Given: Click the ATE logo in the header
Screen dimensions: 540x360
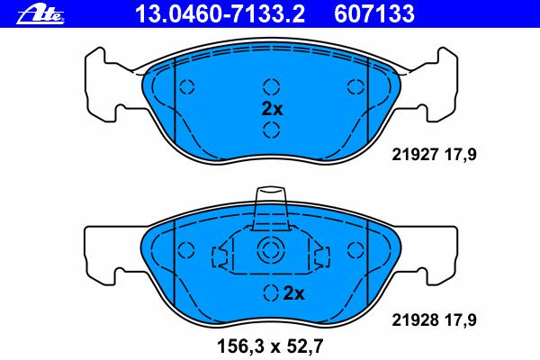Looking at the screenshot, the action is click(40, 14).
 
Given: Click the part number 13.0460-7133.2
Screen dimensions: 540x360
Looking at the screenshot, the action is click(220, 13).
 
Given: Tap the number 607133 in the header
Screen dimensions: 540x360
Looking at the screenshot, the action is click(374, 13).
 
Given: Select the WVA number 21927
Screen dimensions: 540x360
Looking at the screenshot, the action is click(415, 154).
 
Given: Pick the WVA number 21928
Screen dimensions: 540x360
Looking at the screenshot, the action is click(415, 320).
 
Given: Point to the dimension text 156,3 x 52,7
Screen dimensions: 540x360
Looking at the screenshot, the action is click(270, 346).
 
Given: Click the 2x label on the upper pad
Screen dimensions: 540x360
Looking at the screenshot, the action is click(272, 109).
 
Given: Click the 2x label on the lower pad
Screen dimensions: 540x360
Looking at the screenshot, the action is click(293, 293).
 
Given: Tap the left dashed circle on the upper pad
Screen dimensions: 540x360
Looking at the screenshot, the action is click(186, 86).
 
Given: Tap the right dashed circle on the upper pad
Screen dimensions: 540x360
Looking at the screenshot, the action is click(355, 86).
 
